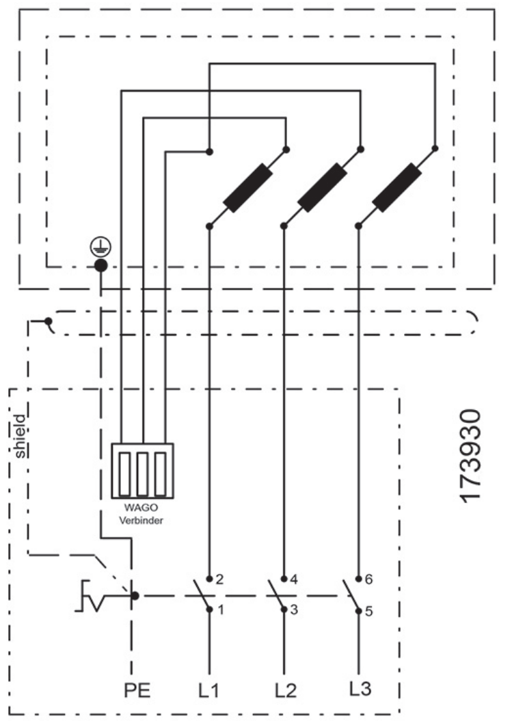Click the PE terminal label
coord(137,690)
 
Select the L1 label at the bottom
coord(208,690)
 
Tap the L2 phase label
coord(286,690)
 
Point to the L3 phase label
coord(360,689)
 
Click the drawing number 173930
coord(471,456)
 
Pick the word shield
coord(21,437)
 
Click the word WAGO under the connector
coord(141,508)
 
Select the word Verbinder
coord(141,520)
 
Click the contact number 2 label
coord(220,579)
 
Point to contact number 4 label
coord(294,579)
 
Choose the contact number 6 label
coord(368,579)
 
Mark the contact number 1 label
coord(221,609)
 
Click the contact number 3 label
coord(294,609)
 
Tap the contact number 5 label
coord(368,611)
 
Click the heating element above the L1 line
coord(247,188)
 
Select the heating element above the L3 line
coord(397,187)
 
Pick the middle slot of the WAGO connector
coord(142,474)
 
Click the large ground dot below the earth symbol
coord(100,266)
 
